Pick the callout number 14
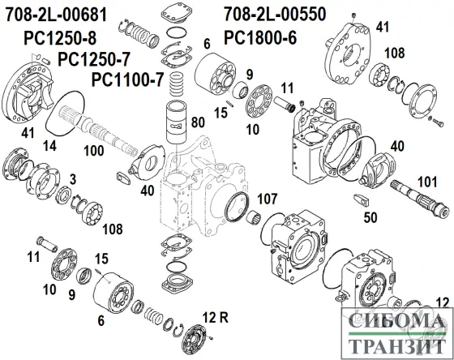coord(49,146)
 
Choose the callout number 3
coord(72,178)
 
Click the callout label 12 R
coord(212,315)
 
